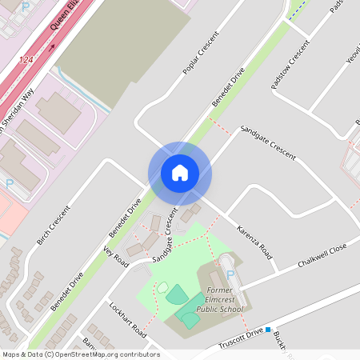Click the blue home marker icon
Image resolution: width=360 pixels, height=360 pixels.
[180, 173]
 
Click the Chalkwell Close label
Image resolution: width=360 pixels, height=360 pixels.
[322, 258]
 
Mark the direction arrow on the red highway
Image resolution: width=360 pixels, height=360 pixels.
[53, 46]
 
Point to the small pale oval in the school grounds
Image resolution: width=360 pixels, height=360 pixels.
[162, 287]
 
